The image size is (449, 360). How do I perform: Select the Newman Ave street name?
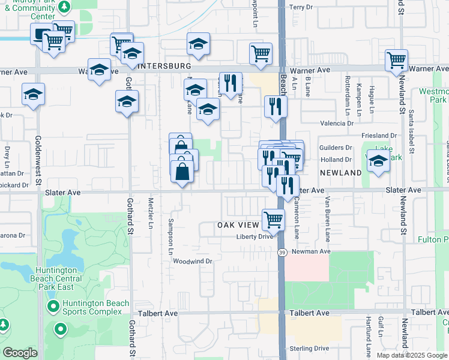pos(312,251)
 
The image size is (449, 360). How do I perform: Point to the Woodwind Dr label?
pos(193,262)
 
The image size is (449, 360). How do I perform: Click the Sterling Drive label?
pos(309,349)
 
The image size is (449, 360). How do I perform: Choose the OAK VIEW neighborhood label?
pos(238,225)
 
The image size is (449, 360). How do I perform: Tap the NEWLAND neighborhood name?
pos(340,173)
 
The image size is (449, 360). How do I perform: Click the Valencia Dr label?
pos(337,123)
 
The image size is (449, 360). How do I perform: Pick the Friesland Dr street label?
pos(379,136)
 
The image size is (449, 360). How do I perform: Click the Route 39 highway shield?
pos(282,253)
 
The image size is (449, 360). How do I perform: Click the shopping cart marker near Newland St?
pos(397,60)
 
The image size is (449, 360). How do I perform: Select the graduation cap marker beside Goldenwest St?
pos(34,94)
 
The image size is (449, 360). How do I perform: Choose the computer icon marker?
pos(41,35)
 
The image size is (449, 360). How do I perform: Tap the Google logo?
pos(20,353)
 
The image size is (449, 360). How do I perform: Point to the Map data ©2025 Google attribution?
pos(412,355)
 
